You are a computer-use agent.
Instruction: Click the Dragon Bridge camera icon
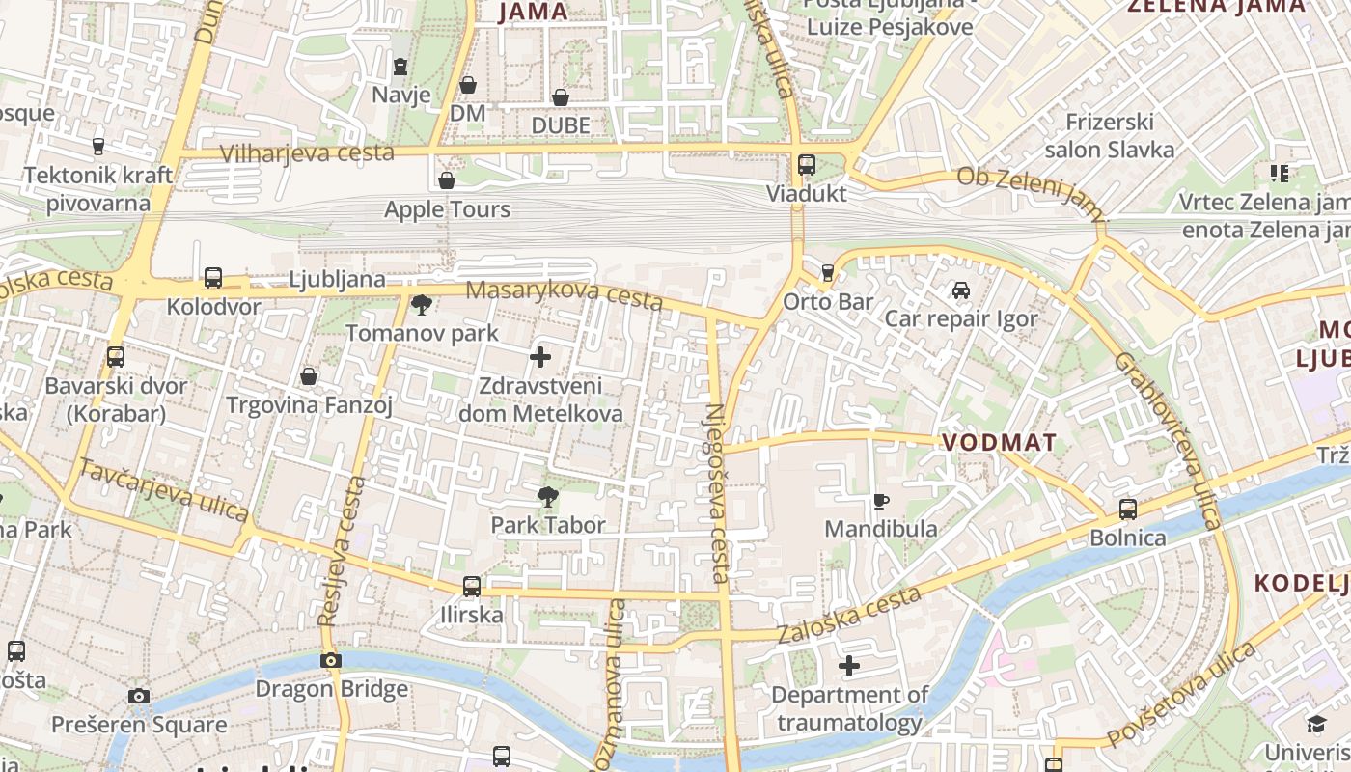331,661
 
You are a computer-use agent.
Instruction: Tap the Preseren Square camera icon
139,696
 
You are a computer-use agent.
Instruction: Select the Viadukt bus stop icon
807,165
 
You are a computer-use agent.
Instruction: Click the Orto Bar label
828,302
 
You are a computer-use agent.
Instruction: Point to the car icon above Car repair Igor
961,290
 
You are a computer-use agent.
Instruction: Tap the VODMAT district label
999,443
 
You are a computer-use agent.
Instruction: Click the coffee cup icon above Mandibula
880,501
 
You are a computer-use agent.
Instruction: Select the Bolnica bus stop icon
1128,509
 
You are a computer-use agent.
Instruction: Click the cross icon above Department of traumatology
849,666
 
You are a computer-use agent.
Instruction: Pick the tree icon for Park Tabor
548,497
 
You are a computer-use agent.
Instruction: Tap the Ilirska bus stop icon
472,586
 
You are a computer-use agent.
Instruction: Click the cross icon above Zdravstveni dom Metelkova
540,358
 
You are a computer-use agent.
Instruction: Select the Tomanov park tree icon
422,306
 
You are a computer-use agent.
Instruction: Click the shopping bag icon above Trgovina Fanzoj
309,376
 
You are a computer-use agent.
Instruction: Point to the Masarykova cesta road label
565,295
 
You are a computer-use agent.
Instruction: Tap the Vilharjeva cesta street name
307,153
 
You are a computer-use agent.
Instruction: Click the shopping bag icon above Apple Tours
447,181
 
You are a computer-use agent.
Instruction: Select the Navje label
400,95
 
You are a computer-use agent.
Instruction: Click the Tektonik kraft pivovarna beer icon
97,147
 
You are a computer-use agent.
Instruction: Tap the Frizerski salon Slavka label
1110,136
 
